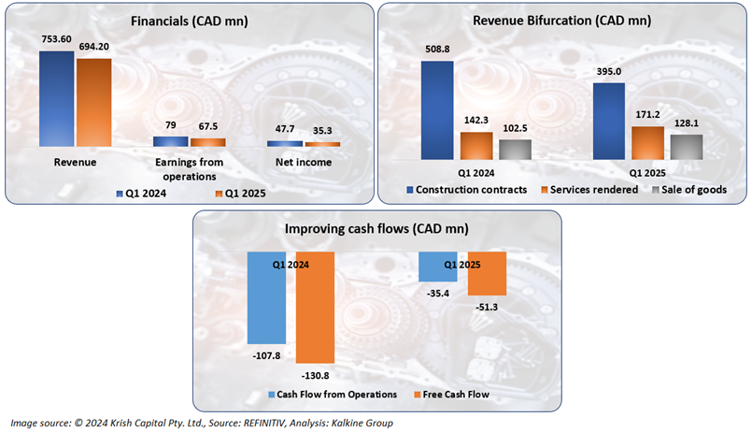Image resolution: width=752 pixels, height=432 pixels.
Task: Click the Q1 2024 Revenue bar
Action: coord(56,98)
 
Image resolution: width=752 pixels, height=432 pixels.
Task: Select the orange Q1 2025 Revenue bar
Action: coord(93,102)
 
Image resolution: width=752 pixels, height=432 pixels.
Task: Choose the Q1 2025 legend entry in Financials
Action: coord(236,194)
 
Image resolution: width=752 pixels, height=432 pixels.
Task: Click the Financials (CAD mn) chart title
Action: coord(187,21)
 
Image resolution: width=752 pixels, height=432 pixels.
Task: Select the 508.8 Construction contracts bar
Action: coord(437,109)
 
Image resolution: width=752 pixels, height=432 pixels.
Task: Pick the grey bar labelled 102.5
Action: coord(515,149)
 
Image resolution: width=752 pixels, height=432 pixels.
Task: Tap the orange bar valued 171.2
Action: coord(648,142)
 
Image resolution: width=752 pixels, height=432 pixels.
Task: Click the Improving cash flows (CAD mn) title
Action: coord(376,229)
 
